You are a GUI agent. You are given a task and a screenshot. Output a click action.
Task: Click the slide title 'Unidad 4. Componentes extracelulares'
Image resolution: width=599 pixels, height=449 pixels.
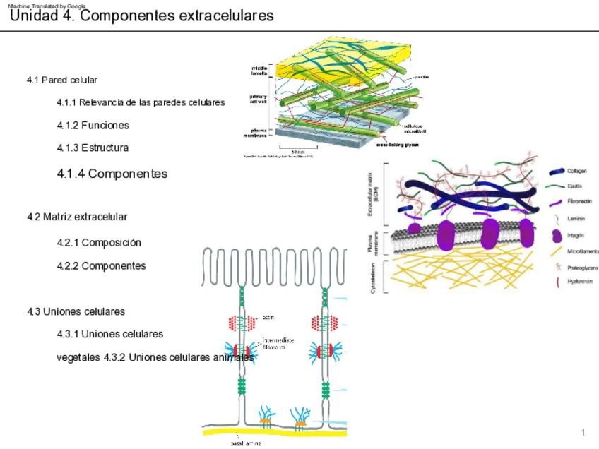(x=141, y=16)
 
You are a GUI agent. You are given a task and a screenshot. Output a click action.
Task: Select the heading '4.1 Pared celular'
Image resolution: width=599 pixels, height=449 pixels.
(x=62, y=80)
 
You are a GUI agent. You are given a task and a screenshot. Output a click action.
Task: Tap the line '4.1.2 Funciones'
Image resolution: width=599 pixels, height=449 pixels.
(x=93, y=125)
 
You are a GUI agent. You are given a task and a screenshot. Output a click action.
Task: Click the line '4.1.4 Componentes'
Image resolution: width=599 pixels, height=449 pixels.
(x=112, y=173)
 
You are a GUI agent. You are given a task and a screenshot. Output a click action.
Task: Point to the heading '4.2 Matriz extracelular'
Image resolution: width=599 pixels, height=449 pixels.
(x=77, y=216)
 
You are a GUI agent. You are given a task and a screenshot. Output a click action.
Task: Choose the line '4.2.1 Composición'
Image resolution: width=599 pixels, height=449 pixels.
(x=100, y=242)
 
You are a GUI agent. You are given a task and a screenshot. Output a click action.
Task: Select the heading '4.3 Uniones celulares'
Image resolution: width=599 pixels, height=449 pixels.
(x=76, y=311)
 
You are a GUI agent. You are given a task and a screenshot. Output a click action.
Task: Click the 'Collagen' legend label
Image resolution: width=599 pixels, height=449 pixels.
(x=578, y=171)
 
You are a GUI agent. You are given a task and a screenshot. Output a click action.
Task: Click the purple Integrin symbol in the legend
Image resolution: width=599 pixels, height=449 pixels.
(x=557, y=235)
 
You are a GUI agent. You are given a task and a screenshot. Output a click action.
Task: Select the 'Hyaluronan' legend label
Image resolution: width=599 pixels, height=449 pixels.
(x=580, y=281)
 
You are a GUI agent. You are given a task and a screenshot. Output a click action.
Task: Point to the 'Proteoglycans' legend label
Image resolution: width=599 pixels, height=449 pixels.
(x=583, y=268)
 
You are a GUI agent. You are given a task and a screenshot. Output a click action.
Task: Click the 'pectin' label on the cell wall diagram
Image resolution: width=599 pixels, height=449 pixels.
(x=422, y=76)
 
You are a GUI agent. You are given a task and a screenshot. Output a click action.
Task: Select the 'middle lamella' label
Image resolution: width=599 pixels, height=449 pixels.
(x=259, y=71)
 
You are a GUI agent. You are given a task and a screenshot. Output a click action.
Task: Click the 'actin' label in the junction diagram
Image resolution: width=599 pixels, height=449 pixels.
(x=268, y=317)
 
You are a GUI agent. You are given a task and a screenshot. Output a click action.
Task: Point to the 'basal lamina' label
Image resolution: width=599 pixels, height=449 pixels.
(x=246, y=443)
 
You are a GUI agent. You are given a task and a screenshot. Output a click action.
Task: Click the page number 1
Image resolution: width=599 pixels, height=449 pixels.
(x=583, y=432)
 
